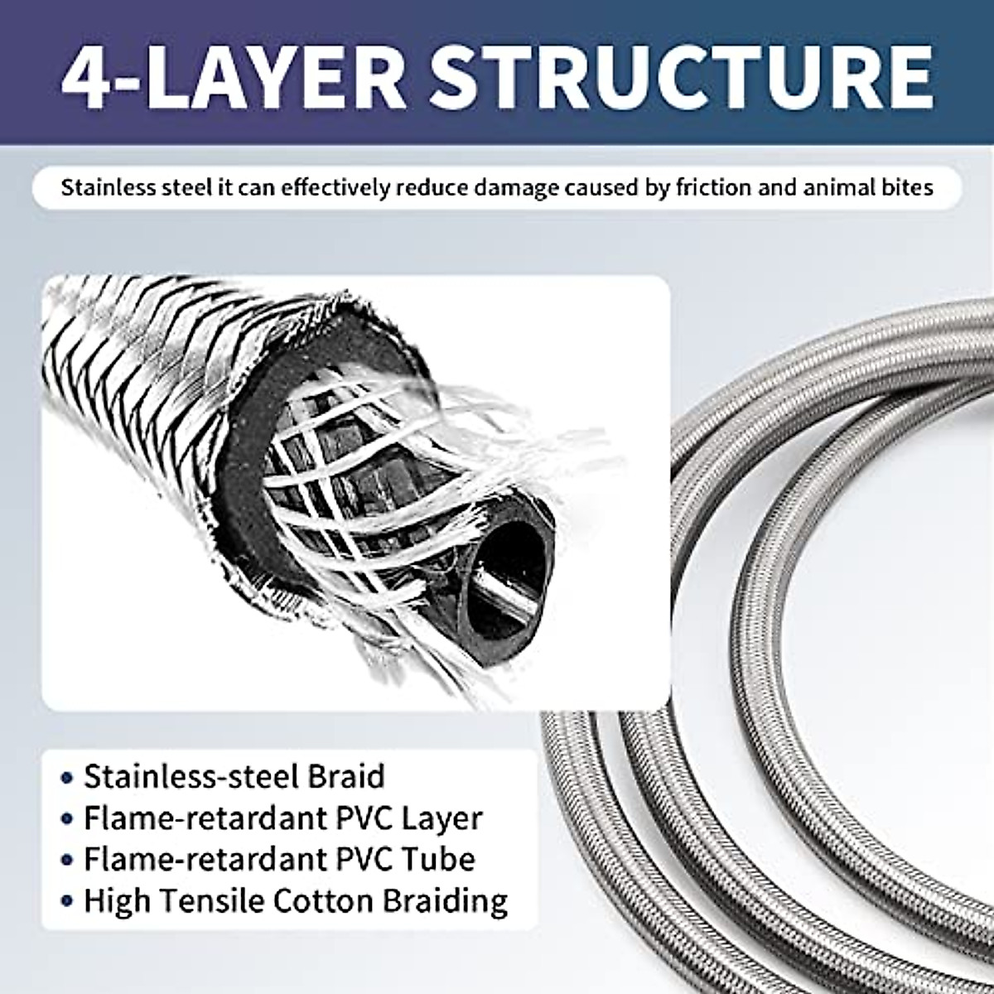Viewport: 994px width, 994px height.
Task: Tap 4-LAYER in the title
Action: [x=232, y=76]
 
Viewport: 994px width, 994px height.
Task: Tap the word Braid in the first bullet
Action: [x=347, y=777]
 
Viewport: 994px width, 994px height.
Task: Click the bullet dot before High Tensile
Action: [x=67, y=902]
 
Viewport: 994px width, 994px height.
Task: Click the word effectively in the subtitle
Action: [x=331, y=188]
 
